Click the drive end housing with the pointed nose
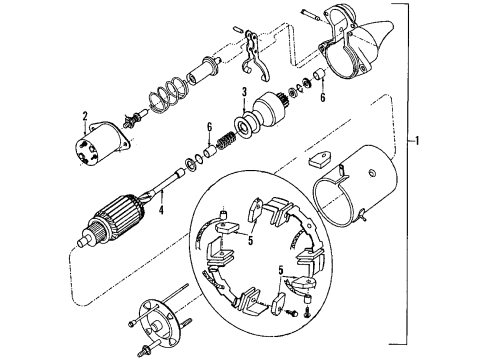345,50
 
